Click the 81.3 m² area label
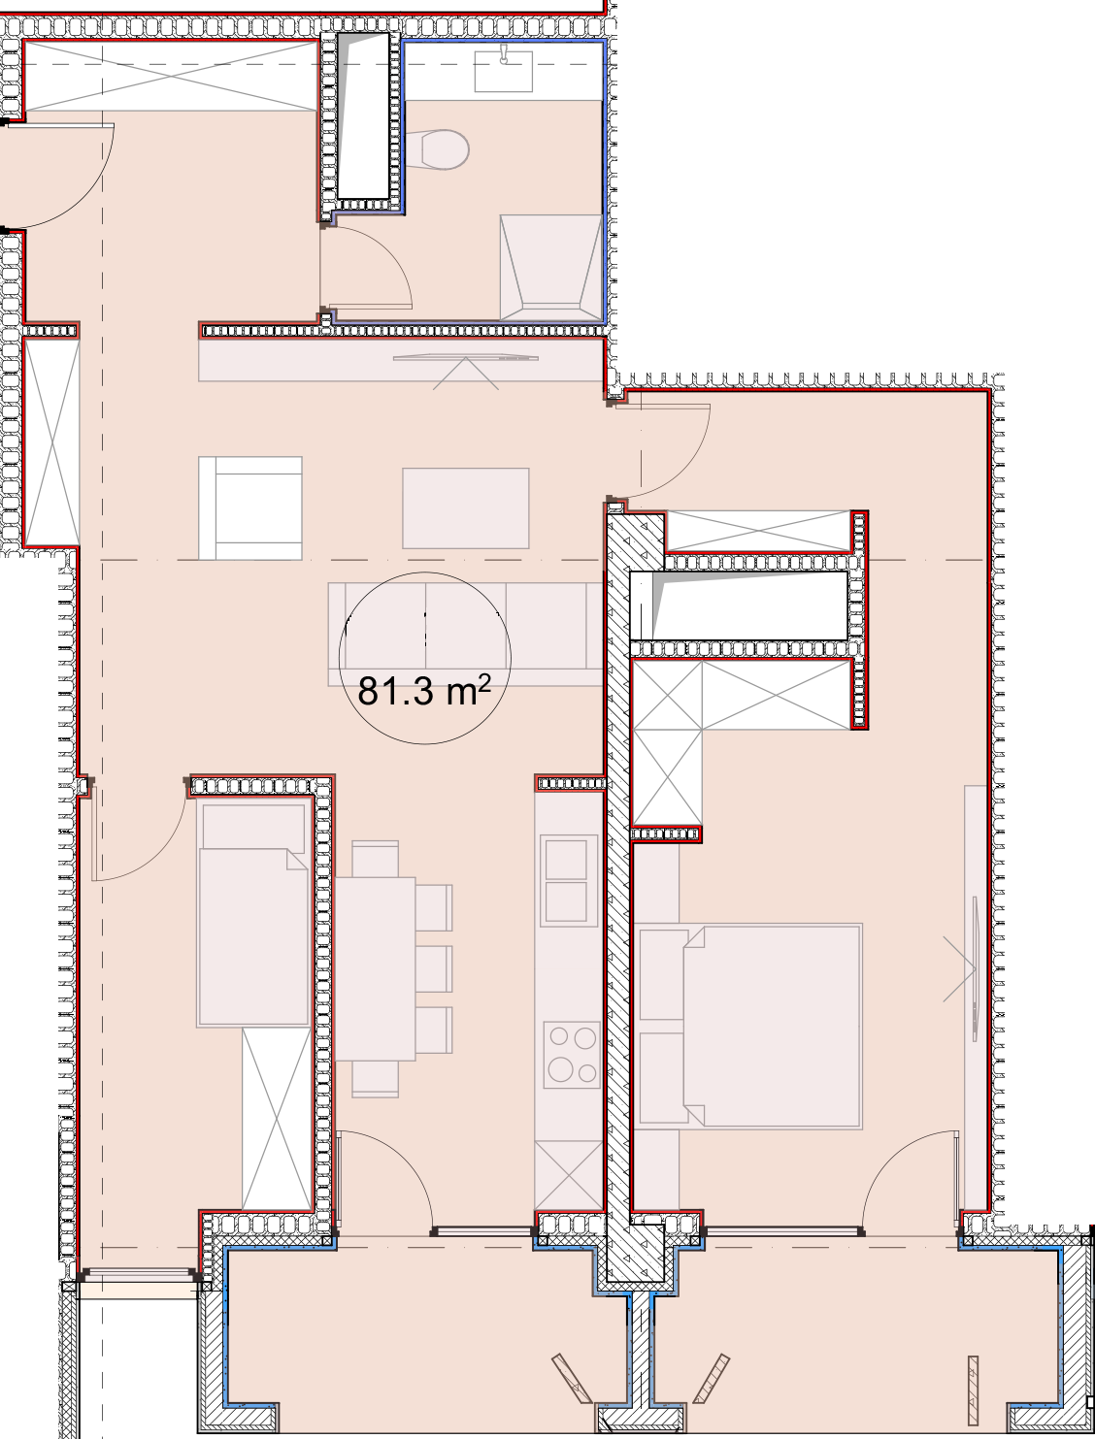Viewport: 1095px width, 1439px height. [x=424, y=691]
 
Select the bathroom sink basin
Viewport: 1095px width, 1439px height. [x=503, y=68]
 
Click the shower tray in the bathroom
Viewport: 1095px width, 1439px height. [x=550, y=268]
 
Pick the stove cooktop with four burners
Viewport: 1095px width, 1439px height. [x=572, y=1054]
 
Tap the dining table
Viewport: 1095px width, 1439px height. [x=375, y=969]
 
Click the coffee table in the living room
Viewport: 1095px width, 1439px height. [x=466, y=508]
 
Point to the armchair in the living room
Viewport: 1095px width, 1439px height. [x=250, y=508]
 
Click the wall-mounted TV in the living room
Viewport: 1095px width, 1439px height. [x=466, y=358]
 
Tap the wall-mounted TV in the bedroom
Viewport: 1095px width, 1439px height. [x=976, y=969]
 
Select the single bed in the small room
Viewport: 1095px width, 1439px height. [x=253, y=914]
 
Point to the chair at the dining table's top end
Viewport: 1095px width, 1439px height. [x=375, y=859]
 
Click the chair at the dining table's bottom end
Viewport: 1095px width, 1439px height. [x=375, y=1079]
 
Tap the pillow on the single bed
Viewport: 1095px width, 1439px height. [x=253, y=827]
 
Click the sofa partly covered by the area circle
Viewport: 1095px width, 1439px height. [x=466, y=634]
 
